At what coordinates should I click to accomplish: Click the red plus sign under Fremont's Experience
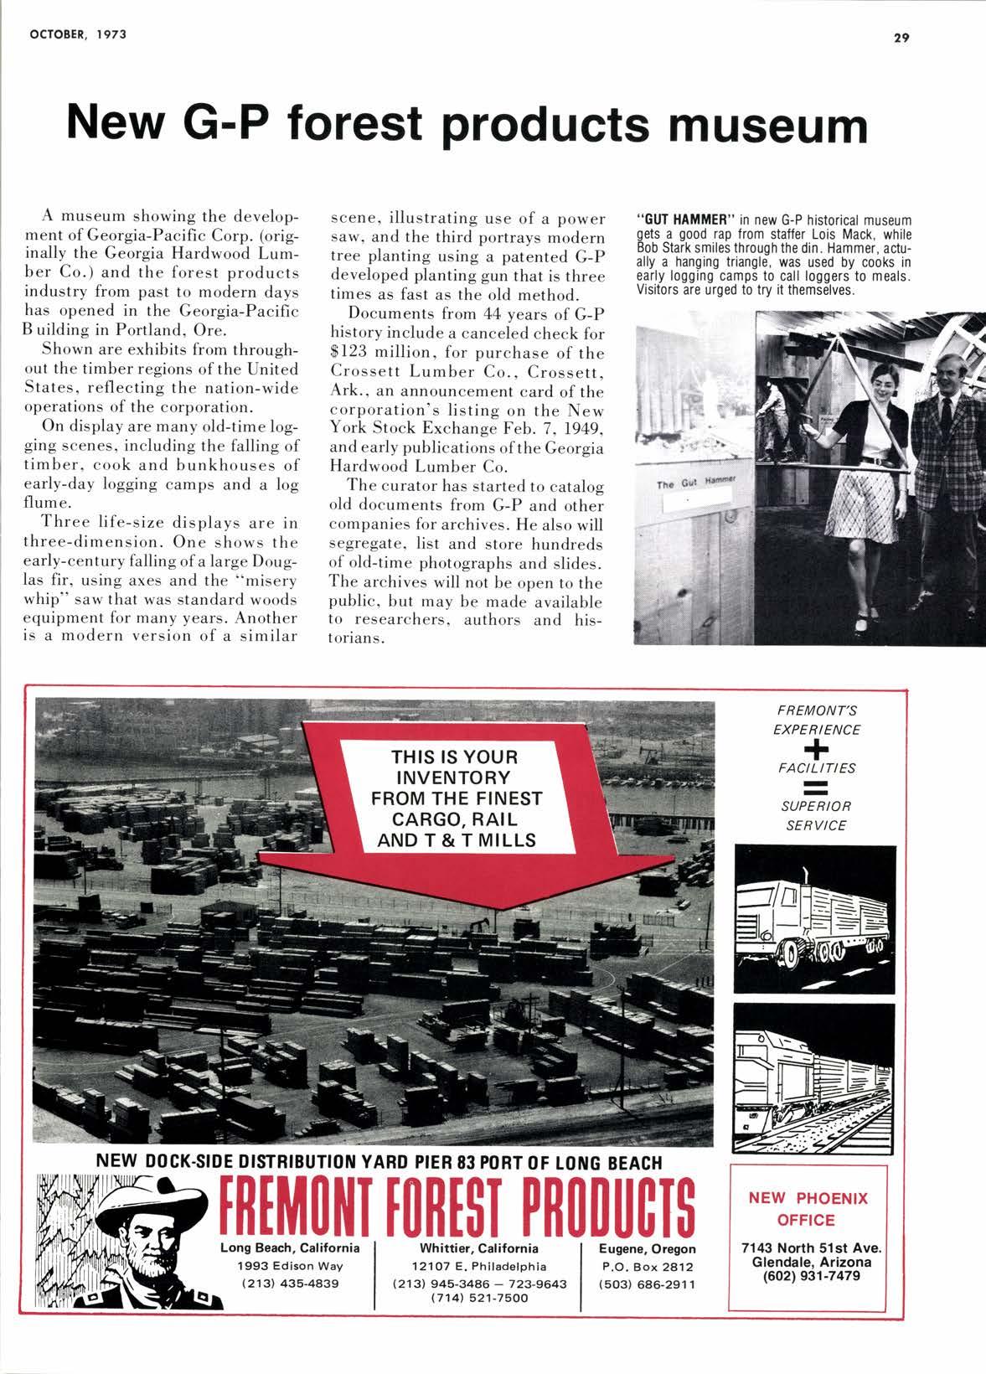(x=816, y=747)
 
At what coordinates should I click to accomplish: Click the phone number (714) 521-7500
(x=479, y=1298)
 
